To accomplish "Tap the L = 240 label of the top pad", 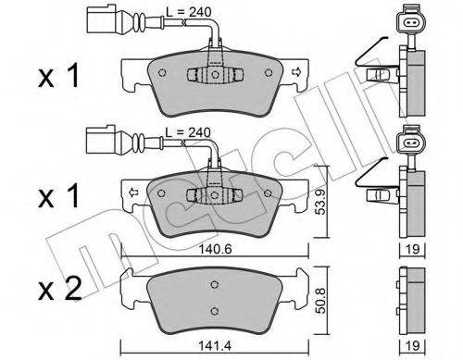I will pyautogui.click(x=192, y=13).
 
